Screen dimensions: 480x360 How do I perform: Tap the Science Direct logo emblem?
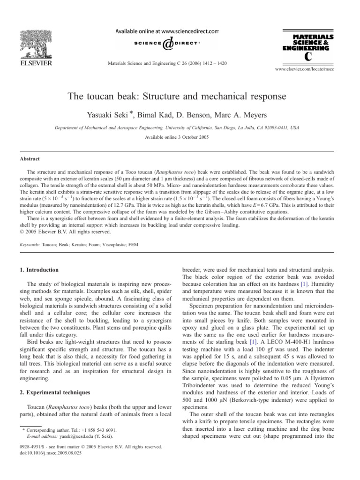[168, 44]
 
